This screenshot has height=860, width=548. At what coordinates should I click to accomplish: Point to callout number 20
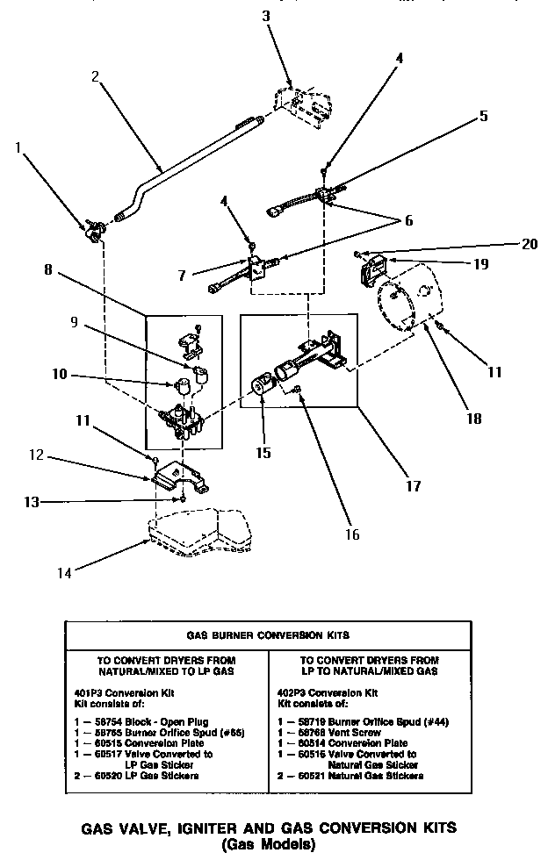coord(528,245)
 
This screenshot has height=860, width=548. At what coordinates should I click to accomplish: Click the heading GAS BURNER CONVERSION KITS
coord(268,633)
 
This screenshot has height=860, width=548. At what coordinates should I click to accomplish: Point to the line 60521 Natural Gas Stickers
coord(350,776)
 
